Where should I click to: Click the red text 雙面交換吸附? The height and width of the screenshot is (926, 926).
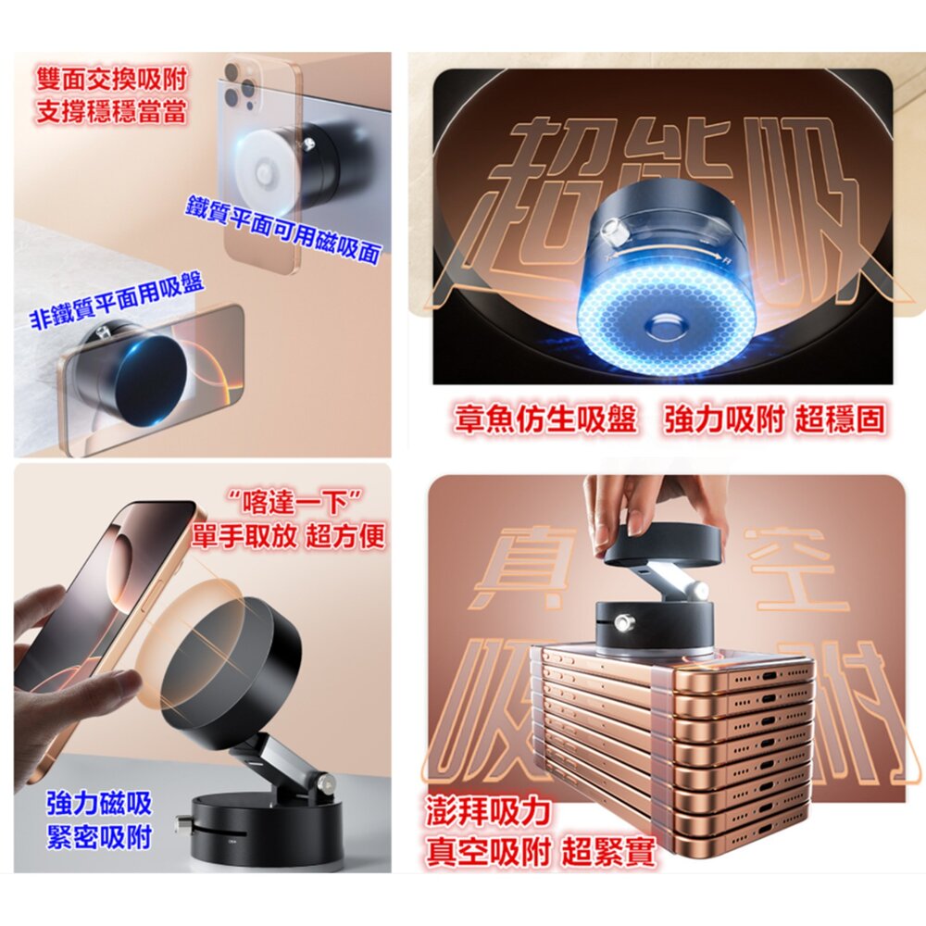(112, 79)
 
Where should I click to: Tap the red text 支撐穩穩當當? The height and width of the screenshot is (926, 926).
(112, 111)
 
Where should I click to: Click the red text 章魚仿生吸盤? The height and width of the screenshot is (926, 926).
(545, 419)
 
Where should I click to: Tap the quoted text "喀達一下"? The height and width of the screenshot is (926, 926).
(294, 503)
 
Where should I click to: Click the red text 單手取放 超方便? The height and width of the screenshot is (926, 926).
(288, 536)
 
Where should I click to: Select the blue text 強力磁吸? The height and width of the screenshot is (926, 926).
(99, 803)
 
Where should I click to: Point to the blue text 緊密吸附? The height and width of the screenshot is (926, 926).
(99, 837)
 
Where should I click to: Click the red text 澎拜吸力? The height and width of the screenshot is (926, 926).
(488, 811)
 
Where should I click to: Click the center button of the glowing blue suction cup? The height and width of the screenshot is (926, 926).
(668, 325)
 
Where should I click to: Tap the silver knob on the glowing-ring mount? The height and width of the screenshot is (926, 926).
(610, 232)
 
